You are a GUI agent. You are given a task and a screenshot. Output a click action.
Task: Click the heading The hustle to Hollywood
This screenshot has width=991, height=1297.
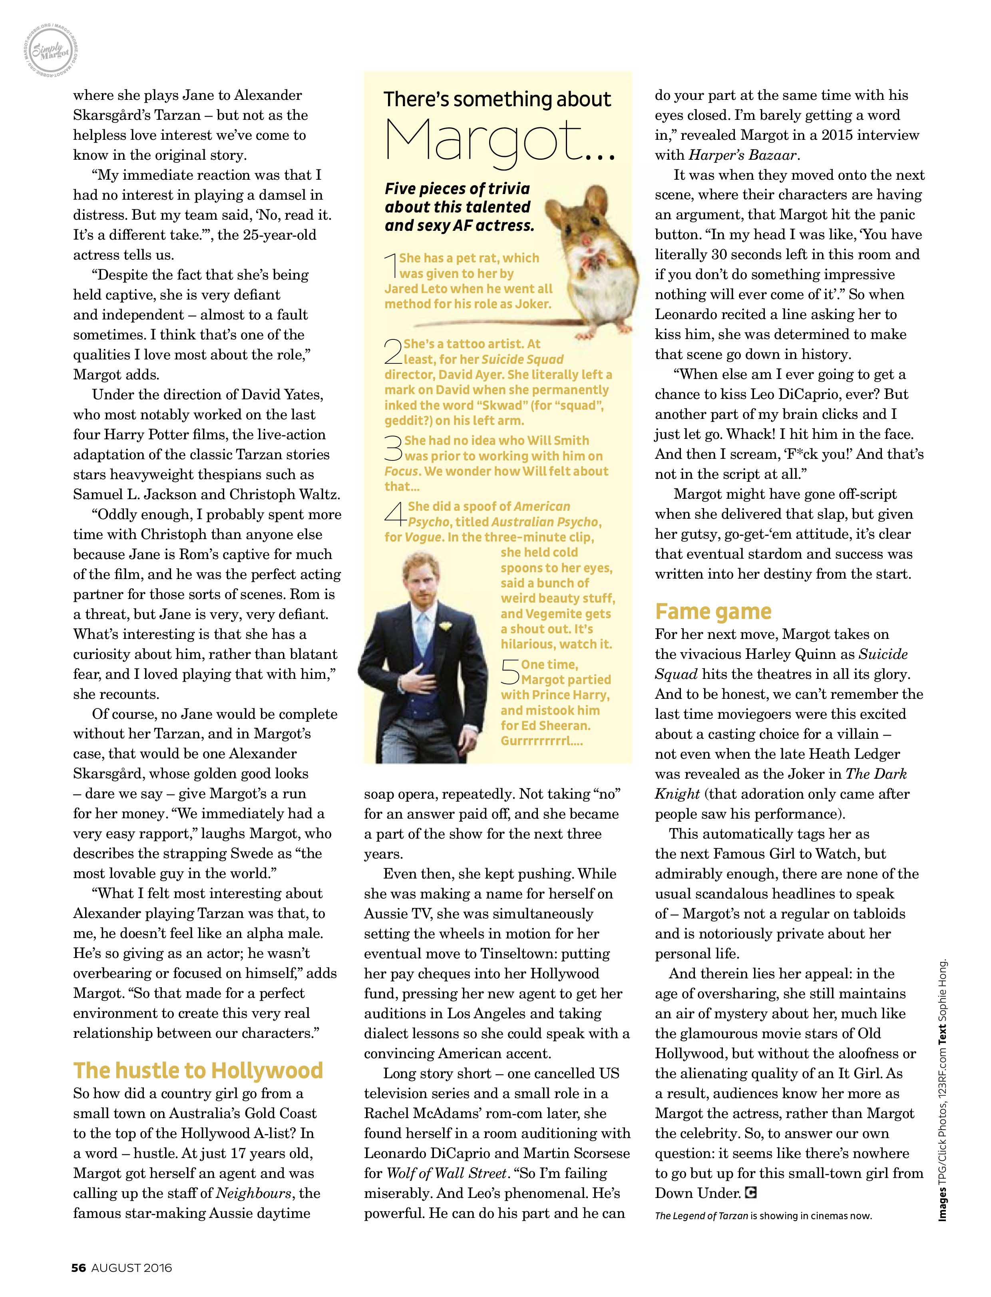pyautogui.click(x=198, y=1070)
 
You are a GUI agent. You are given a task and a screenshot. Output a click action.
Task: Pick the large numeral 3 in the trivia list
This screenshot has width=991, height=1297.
pyautogui.click(x=393, y=448)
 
